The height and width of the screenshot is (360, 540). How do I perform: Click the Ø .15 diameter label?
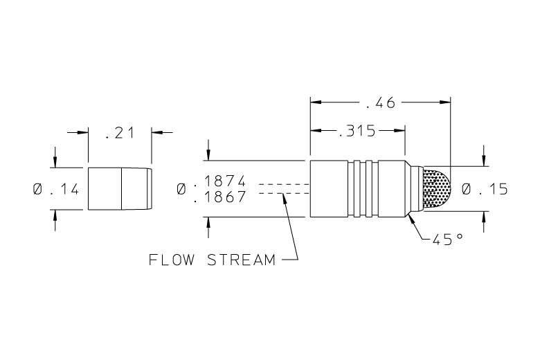[x=485, y=188]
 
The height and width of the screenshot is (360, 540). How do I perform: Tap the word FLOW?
[x=170, y=260]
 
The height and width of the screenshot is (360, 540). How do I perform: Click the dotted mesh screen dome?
[x=436, y=188]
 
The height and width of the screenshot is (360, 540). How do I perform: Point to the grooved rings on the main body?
[x=366, y=188]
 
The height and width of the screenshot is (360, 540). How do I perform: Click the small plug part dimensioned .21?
[x=119, y=188]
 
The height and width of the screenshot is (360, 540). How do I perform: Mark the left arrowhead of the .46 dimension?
[x=316, y=102]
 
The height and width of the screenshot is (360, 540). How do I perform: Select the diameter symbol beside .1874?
[x=181, y=188]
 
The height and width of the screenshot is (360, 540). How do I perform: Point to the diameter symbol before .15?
[x=467, y=188]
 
